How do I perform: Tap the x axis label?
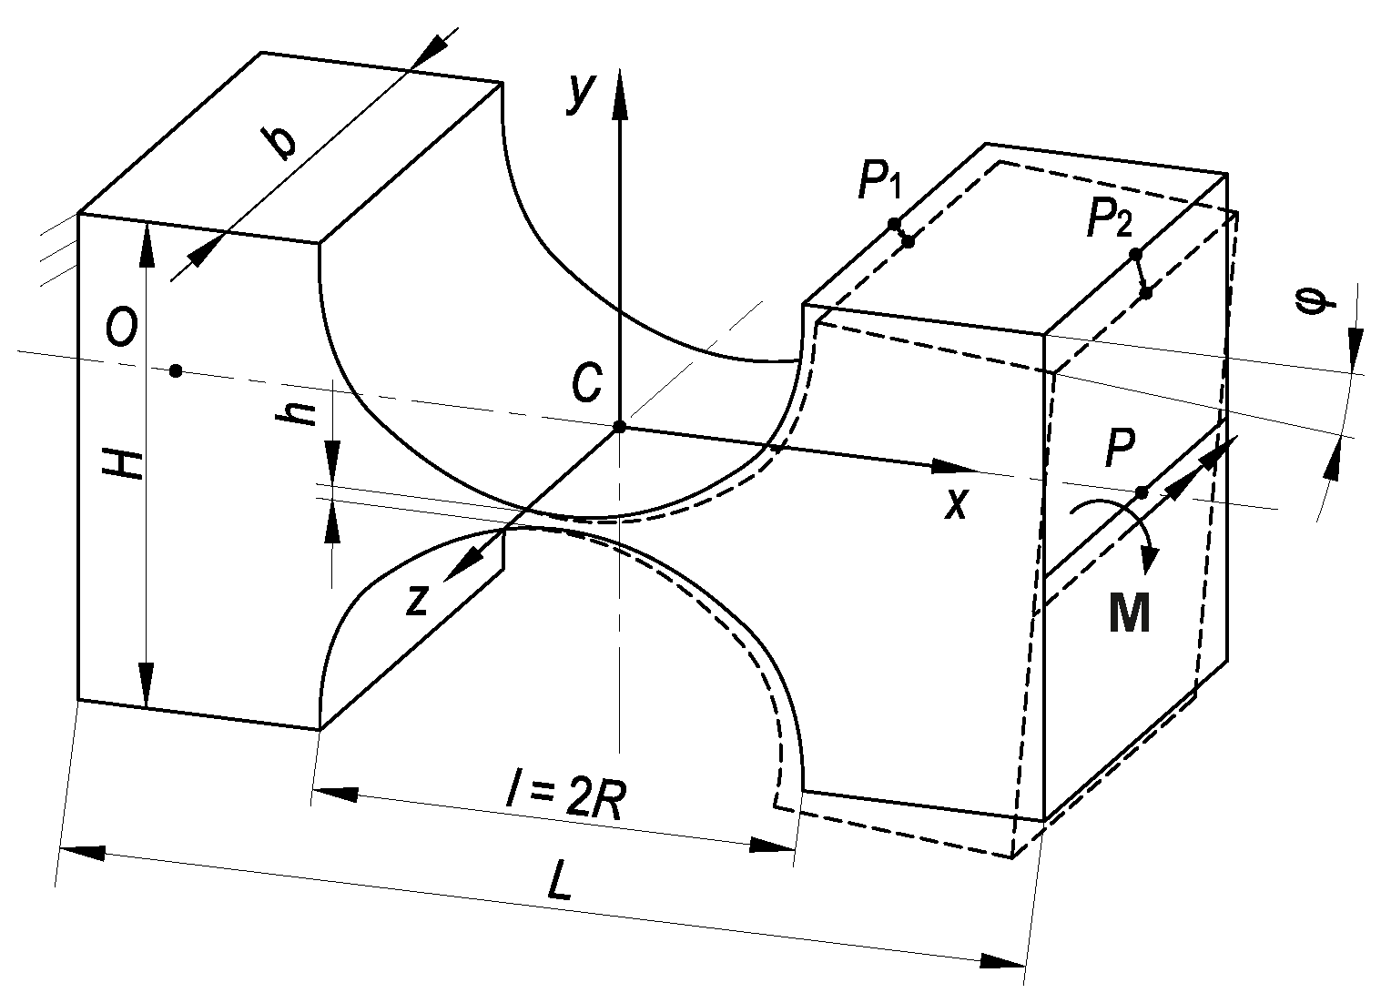coord(955,502)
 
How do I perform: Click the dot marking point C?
coord(619,427)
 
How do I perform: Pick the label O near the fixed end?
coord(121,329)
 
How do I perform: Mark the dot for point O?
coord(176,370)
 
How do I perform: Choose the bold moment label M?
coord(1130,614)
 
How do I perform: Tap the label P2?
coord(1110,221)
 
